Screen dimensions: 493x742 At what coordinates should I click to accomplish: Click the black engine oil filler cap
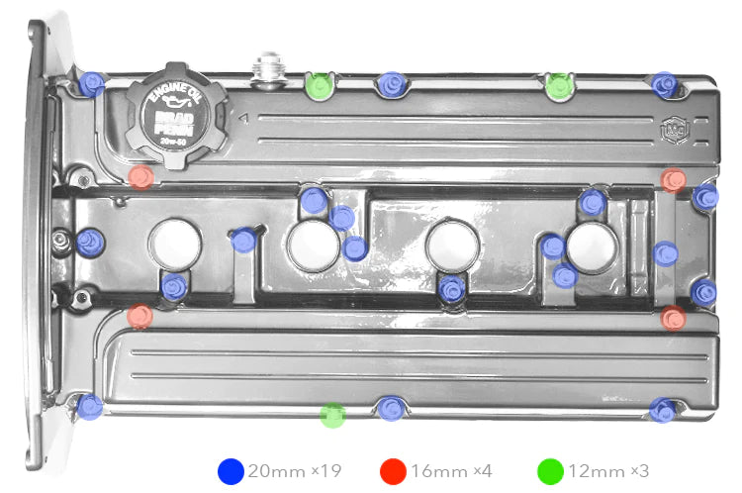pos(175,117)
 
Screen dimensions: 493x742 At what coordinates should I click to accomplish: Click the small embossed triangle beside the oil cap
pos(241,118)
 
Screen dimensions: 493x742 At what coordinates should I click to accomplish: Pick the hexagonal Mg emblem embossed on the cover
pos(673,128)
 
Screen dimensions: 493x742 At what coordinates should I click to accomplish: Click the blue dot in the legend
pos(231,471)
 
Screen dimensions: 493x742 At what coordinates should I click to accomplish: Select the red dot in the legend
pos(392,471)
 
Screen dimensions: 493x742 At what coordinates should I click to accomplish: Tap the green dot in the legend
pos(550,471)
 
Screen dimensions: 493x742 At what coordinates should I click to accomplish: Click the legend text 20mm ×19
pos(294,472)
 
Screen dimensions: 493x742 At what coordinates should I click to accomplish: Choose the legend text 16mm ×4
pos(452,472)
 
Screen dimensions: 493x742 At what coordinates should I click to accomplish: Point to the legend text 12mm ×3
pos(610,472)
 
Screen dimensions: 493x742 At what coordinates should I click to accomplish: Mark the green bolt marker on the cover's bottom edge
pos(333,415)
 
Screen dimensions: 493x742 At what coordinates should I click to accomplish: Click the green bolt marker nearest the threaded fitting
pos(319,86)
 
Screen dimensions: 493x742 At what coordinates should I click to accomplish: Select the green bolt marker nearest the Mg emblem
pos(558,86)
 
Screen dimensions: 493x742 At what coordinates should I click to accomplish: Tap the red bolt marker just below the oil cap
pos(141,177)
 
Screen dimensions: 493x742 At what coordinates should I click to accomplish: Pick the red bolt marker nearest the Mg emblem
pos(674,180)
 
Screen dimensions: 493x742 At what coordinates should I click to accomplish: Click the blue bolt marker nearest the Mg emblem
pos(665,85)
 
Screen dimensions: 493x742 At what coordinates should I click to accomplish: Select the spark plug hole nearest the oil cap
pos(176,244)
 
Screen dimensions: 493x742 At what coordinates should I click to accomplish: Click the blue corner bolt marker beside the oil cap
pos(91,84)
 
